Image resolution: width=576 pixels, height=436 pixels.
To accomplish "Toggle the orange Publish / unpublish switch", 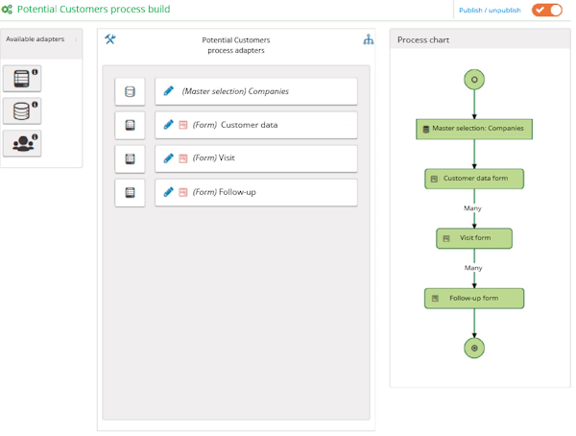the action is tap(547, 10).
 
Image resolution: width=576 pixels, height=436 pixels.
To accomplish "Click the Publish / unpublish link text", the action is tap(490, 11).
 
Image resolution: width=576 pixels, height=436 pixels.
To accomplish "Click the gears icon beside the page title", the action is tap(7, 10).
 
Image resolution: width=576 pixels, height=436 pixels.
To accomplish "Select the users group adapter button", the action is tap(22, 143).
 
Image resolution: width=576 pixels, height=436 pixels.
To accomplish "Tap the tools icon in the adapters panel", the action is tap(110, 39).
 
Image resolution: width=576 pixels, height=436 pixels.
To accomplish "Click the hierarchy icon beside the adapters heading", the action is tap(369, 39).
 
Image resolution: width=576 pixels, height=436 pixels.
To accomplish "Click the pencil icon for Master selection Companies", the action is tap(169, 91).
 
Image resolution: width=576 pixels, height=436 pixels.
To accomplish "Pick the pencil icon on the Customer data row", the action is tap(169, 125).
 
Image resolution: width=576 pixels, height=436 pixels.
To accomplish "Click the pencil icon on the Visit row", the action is tap(169, 158).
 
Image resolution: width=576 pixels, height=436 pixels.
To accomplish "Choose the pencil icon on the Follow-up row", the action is tap(169, 192).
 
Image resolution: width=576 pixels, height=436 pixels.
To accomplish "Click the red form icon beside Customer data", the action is tap(183, 125).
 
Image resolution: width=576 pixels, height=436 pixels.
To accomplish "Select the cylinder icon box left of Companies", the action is tap(130, 91).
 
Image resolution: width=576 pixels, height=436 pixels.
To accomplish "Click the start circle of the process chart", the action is tap(474, 80).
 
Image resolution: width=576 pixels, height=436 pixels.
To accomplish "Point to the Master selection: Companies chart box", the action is tap(474, 129).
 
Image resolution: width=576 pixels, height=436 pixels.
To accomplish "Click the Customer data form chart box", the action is tap(474, 179).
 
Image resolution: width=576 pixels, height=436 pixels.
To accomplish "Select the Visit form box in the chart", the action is tap(474, 238).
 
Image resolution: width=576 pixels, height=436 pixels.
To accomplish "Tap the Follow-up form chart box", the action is tap(474, 298).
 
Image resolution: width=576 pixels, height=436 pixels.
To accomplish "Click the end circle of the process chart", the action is tap(474, 348).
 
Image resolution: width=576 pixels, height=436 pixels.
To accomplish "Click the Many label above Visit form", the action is tap(472, 208).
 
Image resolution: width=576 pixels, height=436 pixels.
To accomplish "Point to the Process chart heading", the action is tap(423, 39).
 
